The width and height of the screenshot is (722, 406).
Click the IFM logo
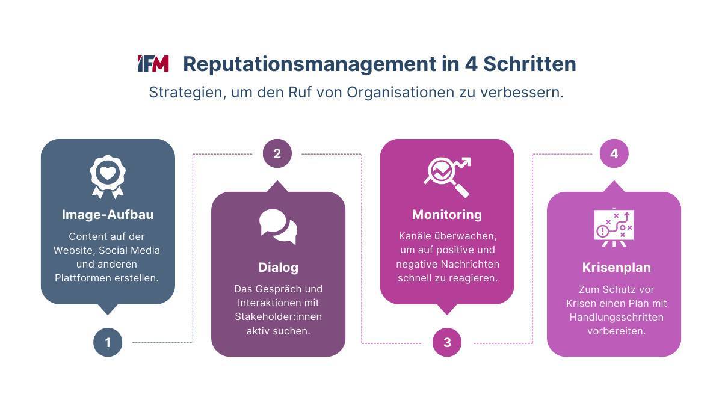click(x=153, y=64)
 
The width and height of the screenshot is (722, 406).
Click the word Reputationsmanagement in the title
click(x=309, y=64)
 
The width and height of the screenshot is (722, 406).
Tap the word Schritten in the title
click(x=529, y=64)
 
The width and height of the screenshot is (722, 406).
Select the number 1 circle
click(x=108, y=342)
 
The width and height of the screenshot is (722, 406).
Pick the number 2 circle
click(x=277, y=153)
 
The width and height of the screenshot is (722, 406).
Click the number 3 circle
click(x=446, y=342)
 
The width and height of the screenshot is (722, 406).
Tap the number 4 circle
click(x=614, y=153)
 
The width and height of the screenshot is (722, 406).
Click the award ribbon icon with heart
click(x=108, y=177)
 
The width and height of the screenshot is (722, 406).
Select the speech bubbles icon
click(x=278, y=227)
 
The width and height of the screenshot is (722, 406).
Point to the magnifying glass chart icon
click(x=447, y=177)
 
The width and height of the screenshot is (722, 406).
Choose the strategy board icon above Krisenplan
click(x=614, y=227)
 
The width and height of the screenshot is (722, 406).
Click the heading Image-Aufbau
click(x=108, y=215)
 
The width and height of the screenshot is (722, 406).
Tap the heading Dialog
click(x=278, y=268)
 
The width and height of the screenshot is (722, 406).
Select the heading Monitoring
click(x=446, y=215)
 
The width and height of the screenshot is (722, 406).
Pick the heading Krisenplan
click(x=616, y=268)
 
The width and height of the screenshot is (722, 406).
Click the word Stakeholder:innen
click(x=278, y=317)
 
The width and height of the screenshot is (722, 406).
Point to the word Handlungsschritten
click(x=616, y=318)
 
